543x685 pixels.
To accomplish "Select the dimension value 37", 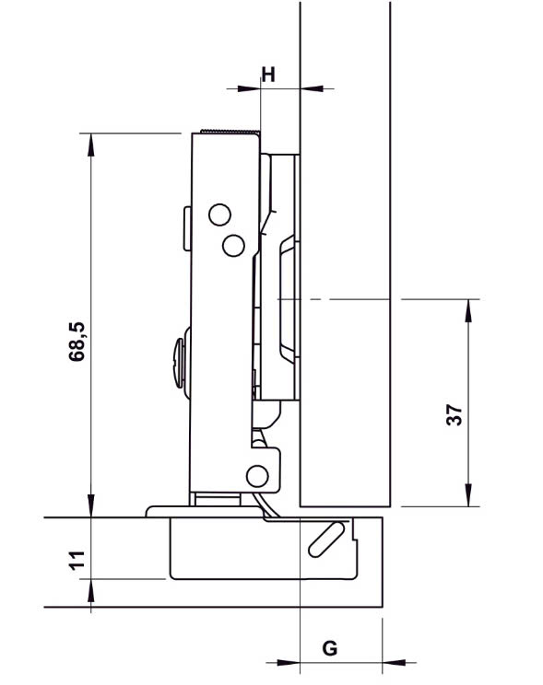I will point(454,414).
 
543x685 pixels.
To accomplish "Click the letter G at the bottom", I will point(329,648).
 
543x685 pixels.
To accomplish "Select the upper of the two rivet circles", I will point(219,215).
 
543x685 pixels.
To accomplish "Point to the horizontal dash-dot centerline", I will point(350,299).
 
